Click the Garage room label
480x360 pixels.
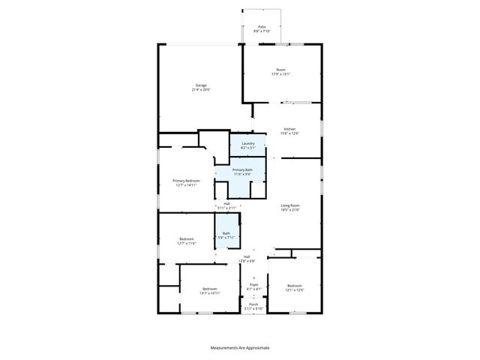[202, 85]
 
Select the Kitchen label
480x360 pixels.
[289, 129]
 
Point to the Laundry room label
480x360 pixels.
[247, 143]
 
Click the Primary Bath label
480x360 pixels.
[242, 170]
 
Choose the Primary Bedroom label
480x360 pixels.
[187, 181]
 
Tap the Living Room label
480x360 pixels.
[290, 205]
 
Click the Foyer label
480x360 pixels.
[254, 284]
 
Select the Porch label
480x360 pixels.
[253, 304]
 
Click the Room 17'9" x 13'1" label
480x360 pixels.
[280, 70]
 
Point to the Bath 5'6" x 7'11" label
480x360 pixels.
[226, 233]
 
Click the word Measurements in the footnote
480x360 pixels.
[227, 348]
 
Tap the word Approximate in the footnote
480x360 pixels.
[256, 348]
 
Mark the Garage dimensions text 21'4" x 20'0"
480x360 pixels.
[202, 90]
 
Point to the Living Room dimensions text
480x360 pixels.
[290, 210]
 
